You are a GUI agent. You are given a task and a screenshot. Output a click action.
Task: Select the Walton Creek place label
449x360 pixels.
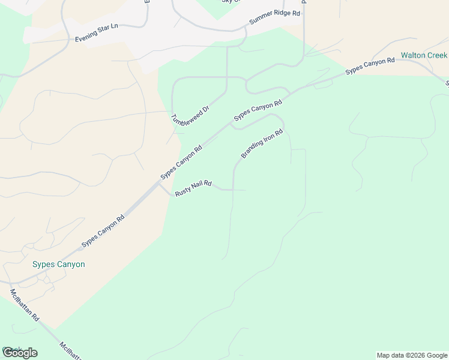pyautogui.click(x=424, y=55)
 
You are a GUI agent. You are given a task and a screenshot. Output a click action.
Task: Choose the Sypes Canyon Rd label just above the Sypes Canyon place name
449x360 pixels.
pyautogui.click(x=103, y=230)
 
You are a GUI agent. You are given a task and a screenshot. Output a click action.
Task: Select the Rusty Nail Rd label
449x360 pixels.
pyautogui.click(x=193, y=188)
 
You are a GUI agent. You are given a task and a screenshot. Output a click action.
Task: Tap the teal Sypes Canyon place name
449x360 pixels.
pyautogui.click(x=58, y=264)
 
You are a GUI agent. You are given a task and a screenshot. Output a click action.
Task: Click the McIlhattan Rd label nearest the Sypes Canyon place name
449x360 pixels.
pyautogui.click(x=24, y=305)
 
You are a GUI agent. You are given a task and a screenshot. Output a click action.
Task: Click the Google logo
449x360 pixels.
pyautogui.click(x=20, y=353)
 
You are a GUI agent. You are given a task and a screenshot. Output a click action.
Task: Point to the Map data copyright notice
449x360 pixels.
pyautogui.click(x=412, y=355)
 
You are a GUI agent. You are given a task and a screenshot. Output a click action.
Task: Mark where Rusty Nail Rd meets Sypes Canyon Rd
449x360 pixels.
pyautogui.click(x=160, y=184)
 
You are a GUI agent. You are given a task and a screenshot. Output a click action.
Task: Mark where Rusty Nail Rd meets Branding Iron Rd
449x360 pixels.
pyautogui.click(x=233, y=190)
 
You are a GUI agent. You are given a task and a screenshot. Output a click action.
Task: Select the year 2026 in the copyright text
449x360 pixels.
pyautogui.click(x=421, y=355)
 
